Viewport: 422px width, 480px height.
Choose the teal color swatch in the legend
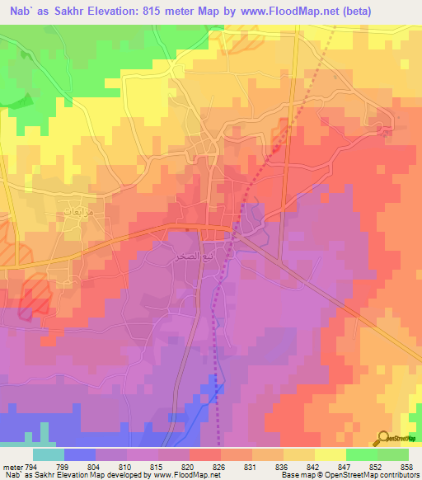pyautogui.click(x=49, y=454)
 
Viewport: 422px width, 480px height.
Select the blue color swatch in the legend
pyautogui.click(x=80, y=454)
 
